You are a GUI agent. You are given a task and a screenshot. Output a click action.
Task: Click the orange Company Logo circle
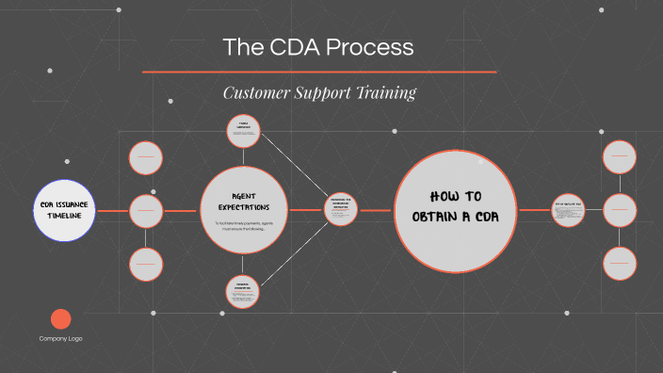(x=60, y=319)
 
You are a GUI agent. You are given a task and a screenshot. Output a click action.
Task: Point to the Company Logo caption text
(x=60, y=338)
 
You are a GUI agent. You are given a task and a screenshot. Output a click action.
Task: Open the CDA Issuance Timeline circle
(x=65, y=210)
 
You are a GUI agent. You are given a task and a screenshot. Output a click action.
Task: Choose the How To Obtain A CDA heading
(x=461, y=206)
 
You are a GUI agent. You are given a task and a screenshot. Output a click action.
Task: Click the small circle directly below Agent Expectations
(x=243, y=291)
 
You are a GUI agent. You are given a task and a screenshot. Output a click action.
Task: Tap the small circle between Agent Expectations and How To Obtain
(x=340, y=210)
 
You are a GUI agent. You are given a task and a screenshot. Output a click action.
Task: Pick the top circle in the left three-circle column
(x=145, y=157)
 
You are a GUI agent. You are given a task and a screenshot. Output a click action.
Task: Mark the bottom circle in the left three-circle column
(x=145, y=264)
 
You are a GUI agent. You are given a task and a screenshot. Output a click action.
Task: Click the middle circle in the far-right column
(x=619, y=210)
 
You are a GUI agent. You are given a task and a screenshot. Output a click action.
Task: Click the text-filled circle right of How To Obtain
(x=568, y=210)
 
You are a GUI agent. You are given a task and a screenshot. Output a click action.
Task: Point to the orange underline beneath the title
(x=319, y=72)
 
